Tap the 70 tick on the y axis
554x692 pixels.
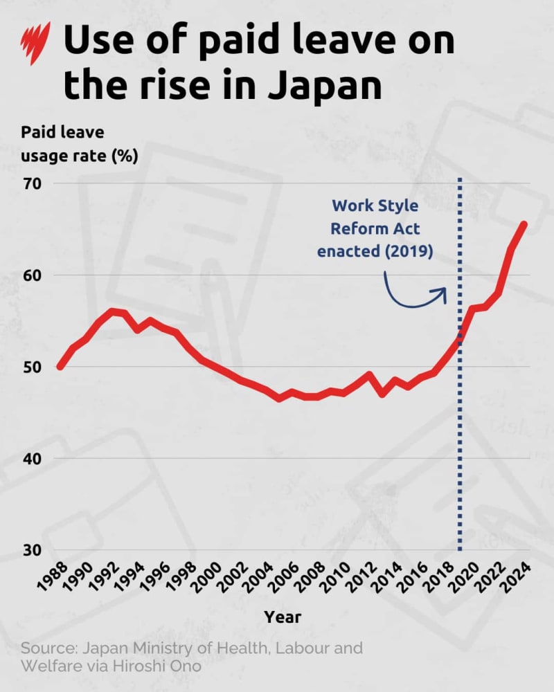coord(33,184)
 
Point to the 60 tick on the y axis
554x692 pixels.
coord(33,275)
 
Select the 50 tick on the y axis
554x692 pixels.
coord(33,367)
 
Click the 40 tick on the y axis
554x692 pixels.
coord(33,459)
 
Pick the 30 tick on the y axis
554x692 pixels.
coord(33,551)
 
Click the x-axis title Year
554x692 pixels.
coord(283,616)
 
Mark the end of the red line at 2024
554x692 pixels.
coord(524,224)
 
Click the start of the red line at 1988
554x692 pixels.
coord(60,367)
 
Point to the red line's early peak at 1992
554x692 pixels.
coord(111,311)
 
